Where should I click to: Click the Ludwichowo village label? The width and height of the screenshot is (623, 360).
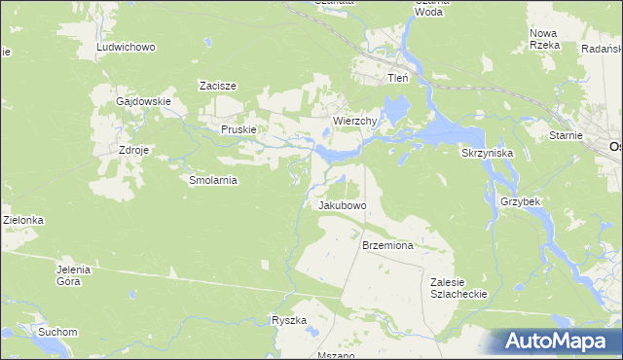[x=126, y=47]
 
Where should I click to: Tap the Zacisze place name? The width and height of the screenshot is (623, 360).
[x=218, y=86]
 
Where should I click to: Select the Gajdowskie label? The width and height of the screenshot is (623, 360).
[x=143, y=101]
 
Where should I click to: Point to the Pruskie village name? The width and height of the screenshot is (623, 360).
[x=238, y=129]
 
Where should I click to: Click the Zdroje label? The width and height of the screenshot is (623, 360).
[x=133, y=151]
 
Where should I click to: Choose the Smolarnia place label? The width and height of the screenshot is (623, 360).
[x=213, y=180]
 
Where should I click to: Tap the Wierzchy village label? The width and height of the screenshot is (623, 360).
[x=354, y=121]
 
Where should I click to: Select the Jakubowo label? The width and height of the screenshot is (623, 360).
[x=342, y=206]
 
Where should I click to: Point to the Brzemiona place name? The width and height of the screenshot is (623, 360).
[x=387, y=246]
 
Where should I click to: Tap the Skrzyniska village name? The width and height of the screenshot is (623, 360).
[x=487, y=154]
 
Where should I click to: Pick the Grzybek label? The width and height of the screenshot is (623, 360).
[x=520, y=201]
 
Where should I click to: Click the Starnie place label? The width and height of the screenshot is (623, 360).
[x=565, y=136]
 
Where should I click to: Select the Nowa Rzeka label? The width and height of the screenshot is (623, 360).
[x=543, y=39]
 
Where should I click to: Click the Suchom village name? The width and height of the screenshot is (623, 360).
[x=57, y=332]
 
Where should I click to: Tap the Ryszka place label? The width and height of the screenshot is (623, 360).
[x=289, y=320]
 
